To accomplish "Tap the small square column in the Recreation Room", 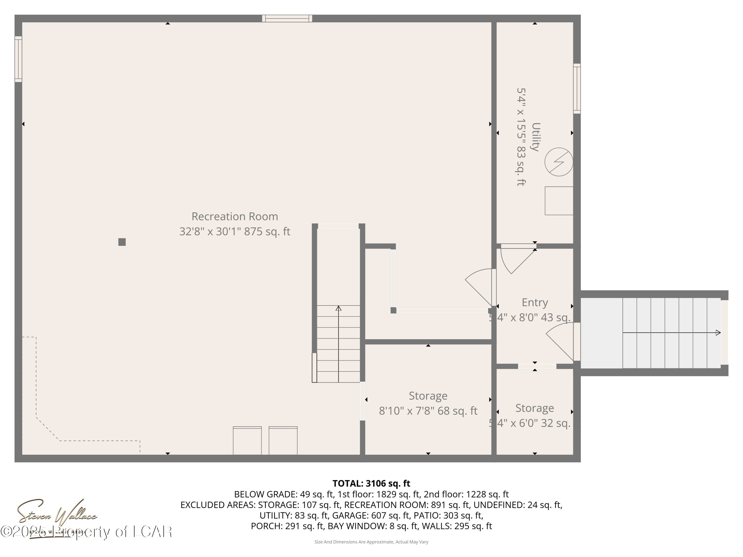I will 122,242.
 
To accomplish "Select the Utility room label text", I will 535,137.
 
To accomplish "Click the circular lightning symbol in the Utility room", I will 558,162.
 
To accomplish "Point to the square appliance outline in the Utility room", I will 558,201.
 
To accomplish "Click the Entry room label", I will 535,303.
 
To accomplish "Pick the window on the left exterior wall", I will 18,59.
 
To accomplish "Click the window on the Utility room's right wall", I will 577,89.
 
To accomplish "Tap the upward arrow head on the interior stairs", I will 339,308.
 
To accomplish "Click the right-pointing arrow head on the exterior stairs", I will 718,333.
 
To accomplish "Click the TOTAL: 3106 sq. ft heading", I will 371,483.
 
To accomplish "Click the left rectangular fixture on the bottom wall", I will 247,440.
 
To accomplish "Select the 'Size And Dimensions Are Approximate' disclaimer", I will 371,542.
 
